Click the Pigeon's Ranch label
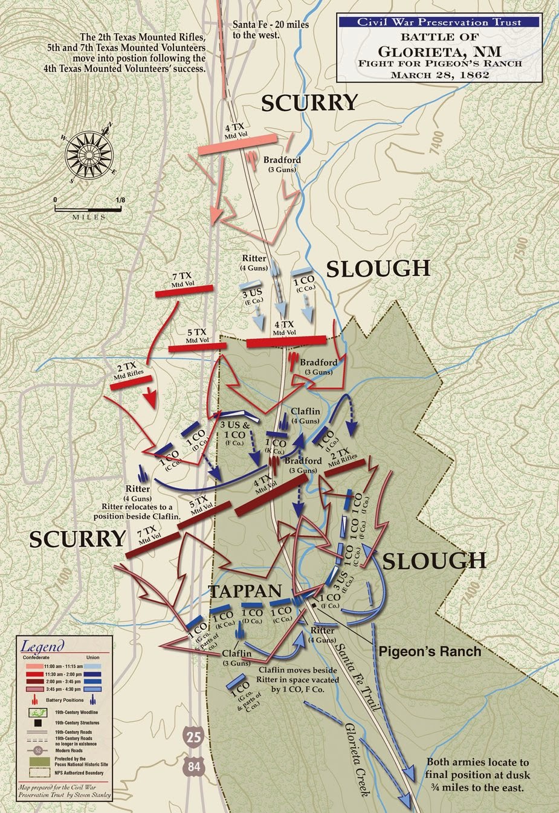coord(430,651)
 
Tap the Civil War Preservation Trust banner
coord(438,22)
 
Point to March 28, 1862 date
coord(438,76)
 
